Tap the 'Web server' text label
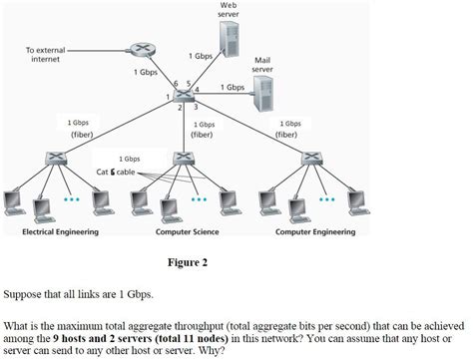[228, 11]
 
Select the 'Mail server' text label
[262, 65]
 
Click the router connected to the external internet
[139, 51]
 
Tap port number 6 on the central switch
[175, 84]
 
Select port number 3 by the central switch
[196, 106]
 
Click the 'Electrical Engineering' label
[60, 231]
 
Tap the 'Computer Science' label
[187, 231]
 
